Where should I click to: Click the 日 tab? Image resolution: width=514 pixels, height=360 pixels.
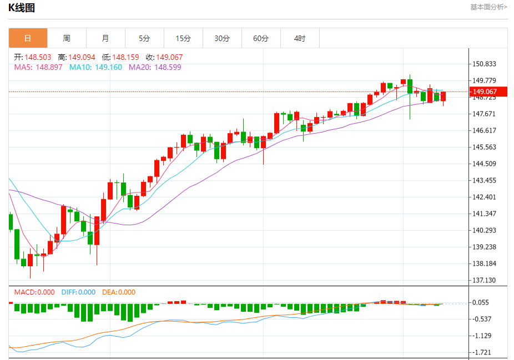click(x=28, y=38)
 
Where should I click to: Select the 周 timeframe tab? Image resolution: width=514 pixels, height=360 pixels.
click(x=67, y=38)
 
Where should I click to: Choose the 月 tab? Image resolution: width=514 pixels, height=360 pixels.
click(x=105, y=38)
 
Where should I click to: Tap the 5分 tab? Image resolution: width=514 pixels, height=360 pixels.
click(x=144, y=38)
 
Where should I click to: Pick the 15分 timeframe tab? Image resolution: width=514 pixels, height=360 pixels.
click(x=183, y=38)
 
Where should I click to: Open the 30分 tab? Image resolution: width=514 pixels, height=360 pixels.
click(x=222, y=38)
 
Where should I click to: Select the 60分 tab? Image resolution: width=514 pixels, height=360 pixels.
click(x=261, y=38)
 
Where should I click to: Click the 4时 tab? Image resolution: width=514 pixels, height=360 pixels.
click(x=300, y=38)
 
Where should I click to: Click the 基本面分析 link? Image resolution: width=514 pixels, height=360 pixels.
click(x=488, y=7)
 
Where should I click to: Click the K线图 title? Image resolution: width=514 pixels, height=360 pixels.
click(x=22, y=7)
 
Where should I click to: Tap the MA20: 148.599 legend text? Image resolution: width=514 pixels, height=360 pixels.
click(x=155, y=67)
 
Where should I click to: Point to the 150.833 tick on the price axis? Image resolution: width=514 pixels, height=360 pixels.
click(x=483, y=64)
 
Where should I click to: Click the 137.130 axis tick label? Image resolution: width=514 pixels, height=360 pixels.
click(x=483, y=280)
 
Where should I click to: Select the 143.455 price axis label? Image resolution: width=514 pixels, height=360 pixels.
click(x=483, y=180)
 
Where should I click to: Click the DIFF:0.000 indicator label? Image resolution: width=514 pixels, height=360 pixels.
click(x=78, y=292)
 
